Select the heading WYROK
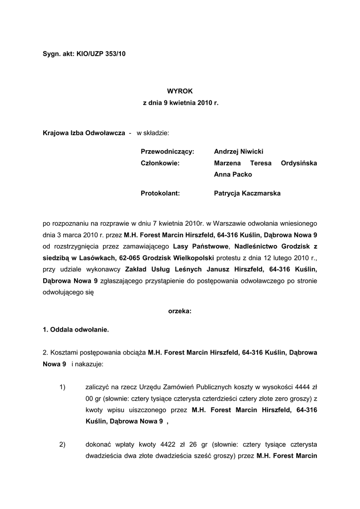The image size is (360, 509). click(180, 91)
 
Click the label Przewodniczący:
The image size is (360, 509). click(167, 151)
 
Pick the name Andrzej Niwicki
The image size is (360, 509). click(239, 151)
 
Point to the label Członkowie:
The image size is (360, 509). click(160, 163)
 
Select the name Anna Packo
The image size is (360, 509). click(233, 174)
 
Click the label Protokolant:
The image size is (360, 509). click(160, 193)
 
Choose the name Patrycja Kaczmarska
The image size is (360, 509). click(247, 193)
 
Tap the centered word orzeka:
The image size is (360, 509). click(180, 311)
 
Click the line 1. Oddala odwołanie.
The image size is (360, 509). click(76, 329)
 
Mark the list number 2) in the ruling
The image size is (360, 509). click(63, 444)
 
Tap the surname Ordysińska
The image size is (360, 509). click(299, 163)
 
